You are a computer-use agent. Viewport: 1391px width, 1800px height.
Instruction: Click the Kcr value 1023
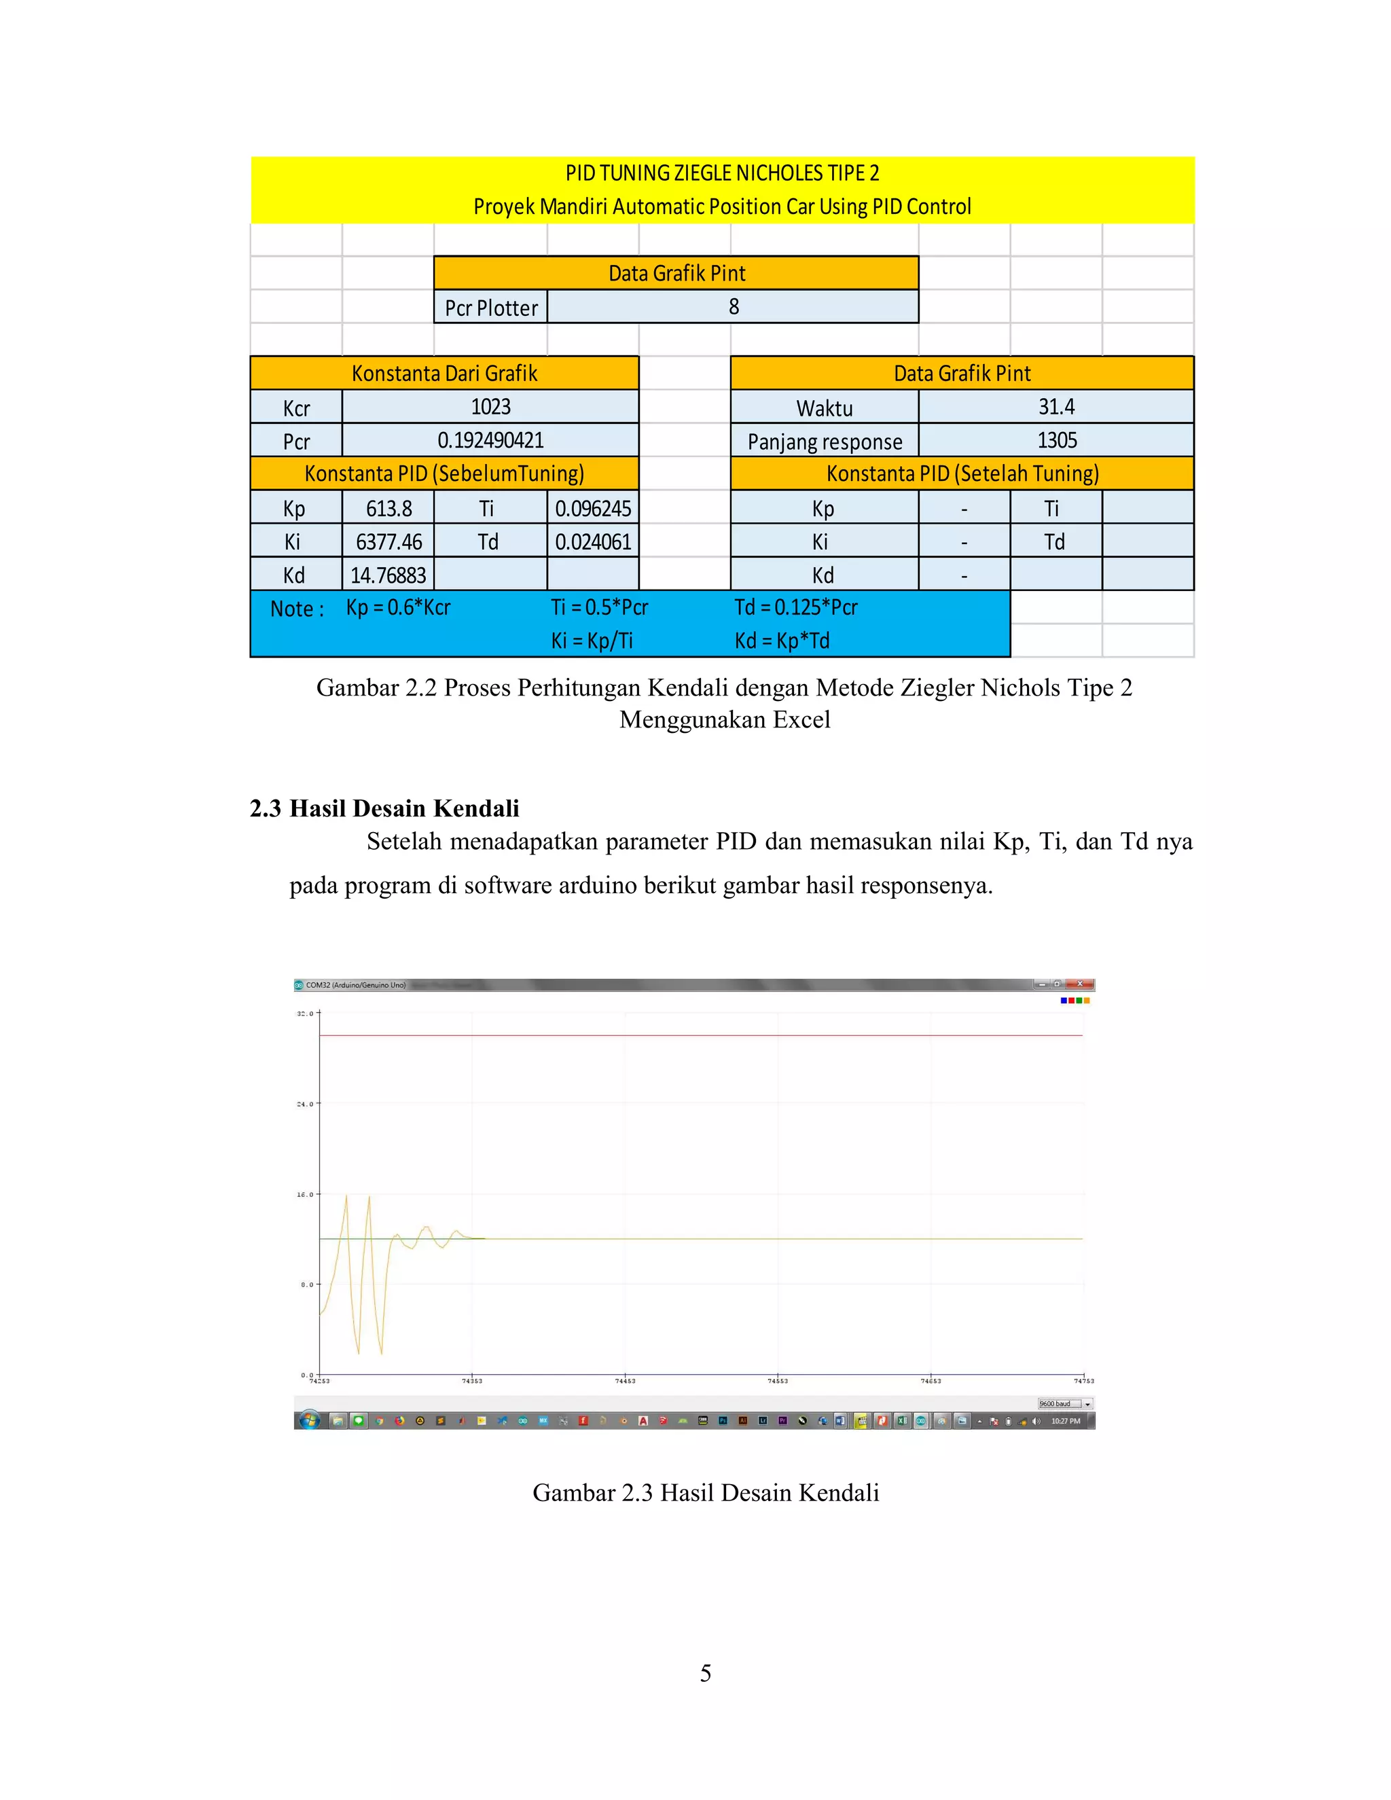pyautogui.click(x=490, y=407)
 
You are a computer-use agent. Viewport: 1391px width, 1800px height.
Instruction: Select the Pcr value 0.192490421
pyautogui.click(x=490, y=440)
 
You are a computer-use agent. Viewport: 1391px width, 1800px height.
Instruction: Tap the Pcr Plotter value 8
pyautogui.click(x=734, y=306)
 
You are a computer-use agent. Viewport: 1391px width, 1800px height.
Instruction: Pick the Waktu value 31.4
pyautogui.click(x=1055, y=407)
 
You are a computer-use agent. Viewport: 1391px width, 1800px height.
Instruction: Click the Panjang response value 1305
pyautogui.click(x=1056, y=440)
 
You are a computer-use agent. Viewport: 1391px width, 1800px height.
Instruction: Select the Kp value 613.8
pyautogui.click(x=388, y=509)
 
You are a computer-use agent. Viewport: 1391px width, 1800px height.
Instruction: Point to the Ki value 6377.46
pyautogui.click(x=388, y=541)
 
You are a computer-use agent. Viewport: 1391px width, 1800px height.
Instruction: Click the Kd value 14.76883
pyautogui.click(x=388, y=575)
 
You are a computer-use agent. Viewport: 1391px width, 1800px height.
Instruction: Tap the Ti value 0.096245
pyautogui.click(x=592, y=509)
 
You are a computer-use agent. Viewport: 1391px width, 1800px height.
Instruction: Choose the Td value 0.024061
pyautogui.click(x=592, y=541)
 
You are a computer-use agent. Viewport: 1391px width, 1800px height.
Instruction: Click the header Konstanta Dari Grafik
pyautogui.click(x=444, y=374)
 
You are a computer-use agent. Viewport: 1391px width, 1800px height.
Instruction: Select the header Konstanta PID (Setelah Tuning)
pyautogui.click(x=962, y=474)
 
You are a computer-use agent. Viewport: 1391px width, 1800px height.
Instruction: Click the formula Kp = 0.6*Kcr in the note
pyautogui.click(x=398, y=607)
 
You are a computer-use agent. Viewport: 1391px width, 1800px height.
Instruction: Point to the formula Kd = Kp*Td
pyautogui.click(x=781, y=641)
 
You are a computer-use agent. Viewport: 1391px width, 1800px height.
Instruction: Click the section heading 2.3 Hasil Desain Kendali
pyautogui.click(x=384, y=808)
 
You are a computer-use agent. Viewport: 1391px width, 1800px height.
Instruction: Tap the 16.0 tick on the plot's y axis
pyautogui.click(x=305, y=1194)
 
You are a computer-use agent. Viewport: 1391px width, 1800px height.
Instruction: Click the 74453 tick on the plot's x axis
pyautogui.click(x=625, y=1380)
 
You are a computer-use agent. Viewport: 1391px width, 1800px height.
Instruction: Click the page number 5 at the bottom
pyautogui.click(x=706, y=1673)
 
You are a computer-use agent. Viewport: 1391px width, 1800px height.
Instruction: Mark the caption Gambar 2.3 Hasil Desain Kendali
pyautogui.click(x=706, y=1492)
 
